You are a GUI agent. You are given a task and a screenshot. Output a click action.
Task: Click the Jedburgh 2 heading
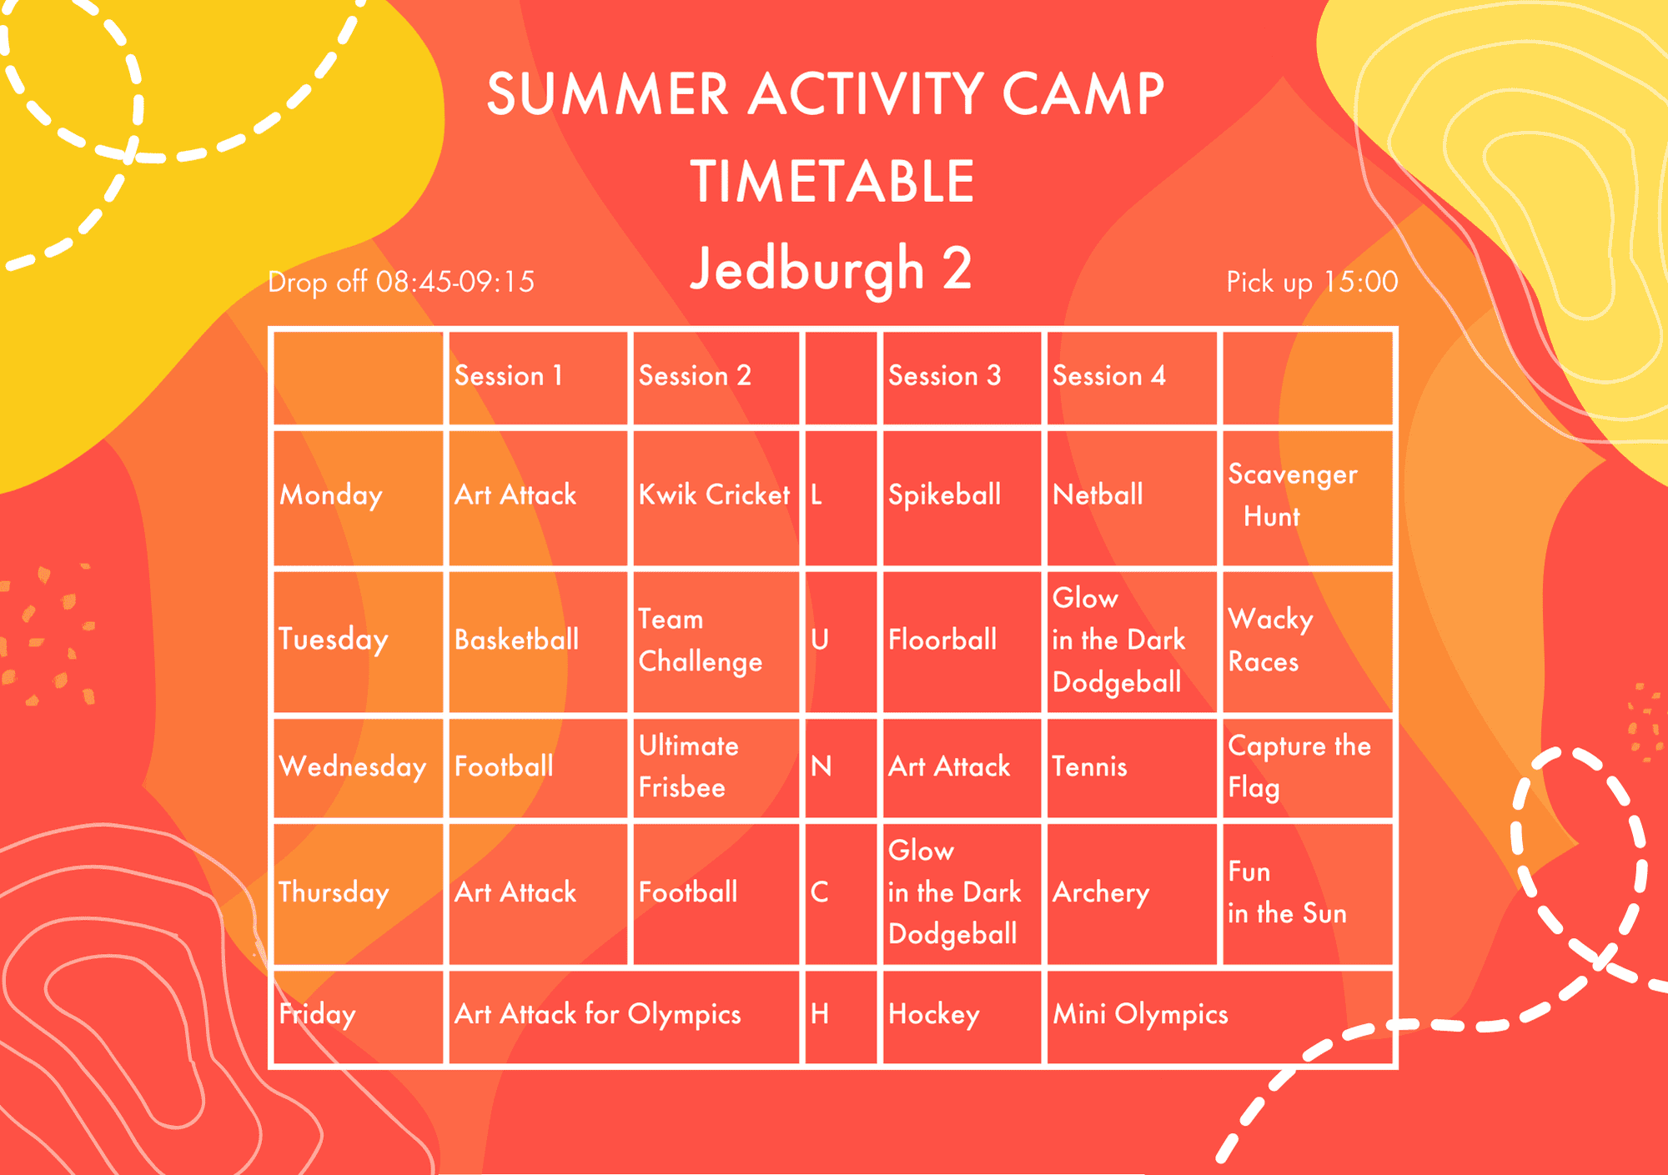(x=831, y=269)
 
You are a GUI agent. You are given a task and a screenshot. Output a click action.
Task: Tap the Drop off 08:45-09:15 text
(x=401, y=282)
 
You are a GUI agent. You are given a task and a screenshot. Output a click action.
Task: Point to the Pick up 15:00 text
(x=1312, y=282)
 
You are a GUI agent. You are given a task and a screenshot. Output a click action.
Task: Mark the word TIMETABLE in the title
(x=832, y=181)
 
